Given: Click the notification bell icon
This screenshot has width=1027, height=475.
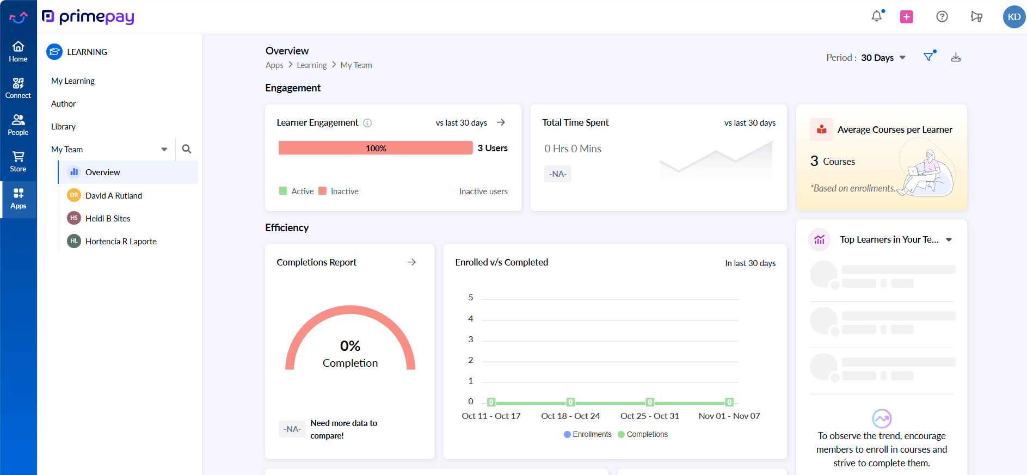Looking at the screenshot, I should (876, 16).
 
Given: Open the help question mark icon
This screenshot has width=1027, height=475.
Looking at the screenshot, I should (942, 16).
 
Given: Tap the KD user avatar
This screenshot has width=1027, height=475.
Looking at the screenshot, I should (1013, 17).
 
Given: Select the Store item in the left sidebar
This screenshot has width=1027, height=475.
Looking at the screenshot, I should (18, 162).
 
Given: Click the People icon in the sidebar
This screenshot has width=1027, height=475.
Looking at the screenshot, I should (18, 125).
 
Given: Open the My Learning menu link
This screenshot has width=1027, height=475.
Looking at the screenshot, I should (73, 81).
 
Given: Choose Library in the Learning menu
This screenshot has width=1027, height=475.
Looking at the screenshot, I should (63, 127).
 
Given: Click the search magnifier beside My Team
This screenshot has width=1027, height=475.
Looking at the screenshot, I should (187, 149).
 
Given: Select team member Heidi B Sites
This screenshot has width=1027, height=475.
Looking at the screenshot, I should (108, 219).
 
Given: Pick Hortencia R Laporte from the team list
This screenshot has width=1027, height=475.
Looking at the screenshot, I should (121, 242).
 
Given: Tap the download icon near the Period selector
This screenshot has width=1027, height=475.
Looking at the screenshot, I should (956, 57).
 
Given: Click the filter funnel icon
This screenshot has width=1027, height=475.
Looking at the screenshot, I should (928, 57).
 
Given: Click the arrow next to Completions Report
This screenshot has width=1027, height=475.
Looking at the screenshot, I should (411, 262).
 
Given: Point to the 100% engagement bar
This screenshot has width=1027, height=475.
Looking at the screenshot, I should (376, 148).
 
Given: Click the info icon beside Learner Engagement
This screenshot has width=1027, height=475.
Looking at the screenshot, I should (367, 123).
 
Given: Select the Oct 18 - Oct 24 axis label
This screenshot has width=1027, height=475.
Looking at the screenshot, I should (570, 416).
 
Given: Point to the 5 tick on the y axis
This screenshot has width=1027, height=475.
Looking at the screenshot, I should (471, 298).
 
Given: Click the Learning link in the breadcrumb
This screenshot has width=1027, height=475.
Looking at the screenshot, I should (311, 65).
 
